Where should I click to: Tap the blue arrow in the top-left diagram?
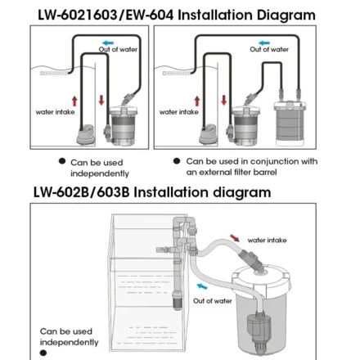[x=108, y=40]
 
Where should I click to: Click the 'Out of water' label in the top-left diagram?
[x=118, y=50]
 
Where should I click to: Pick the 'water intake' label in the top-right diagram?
[x=178, y=112]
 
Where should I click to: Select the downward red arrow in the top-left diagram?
[x=101, y=100]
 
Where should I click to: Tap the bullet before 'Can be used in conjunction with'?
[x=177, y=162]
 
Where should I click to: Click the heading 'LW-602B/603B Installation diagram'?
[x=151, y=193]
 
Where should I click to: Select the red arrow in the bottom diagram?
[x=236, y=238]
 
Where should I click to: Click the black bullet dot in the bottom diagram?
[x=43, y=353]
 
